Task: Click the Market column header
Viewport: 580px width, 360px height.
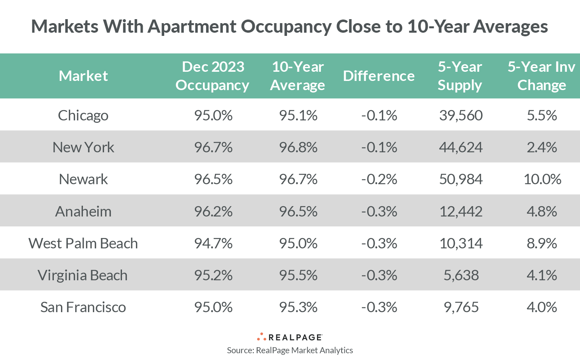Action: [x=83, y=76]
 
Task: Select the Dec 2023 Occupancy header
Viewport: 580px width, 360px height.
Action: [x=212, y=76]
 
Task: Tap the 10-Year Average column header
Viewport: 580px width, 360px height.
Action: [x=297, y=76]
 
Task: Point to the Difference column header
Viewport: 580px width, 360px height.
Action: [x=379, y=76]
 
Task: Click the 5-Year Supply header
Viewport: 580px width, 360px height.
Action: [x=460, y=76]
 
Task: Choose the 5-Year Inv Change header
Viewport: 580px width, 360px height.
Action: [x=541, y=76]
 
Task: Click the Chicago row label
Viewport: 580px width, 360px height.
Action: [x=83, y=115]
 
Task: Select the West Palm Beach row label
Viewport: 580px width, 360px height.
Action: [x=83, y=243]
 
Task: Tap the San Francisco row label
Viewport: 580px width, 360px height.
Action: [x=83, y=307]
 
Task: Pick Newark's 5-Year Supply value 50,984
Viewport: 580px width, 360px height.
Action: [x=461, y=179]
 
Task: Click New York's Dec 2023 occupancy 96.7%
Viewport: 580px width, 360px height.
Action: [x=213, y=147]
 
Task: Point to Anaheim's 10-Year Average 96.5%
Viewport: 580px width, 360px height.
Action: [x=298, y=211]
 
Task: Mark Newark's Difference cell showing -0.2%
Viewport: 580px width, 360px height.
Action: [x=379, y=179]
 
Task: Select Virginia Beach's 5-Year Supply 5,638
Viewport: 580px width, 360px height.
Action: [x=461, y=275]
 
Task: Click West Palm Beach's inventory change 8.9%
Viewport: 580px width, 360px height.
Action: [x=542, y=243]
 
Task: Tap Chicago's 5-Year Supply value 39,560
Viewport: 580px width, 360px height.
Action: [x=461, y=115]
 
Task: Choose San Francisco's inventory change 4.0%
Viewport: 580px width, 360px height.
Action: [x=542, y=307]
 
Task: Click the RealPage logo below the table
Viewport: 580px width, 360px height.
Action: [x=290, y=337]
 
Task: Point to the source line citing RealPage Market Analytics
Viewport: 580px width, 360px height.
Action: [x=290, y=350]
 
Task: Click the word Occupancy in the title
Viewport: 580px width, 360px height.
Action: [x=286, y=27]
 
